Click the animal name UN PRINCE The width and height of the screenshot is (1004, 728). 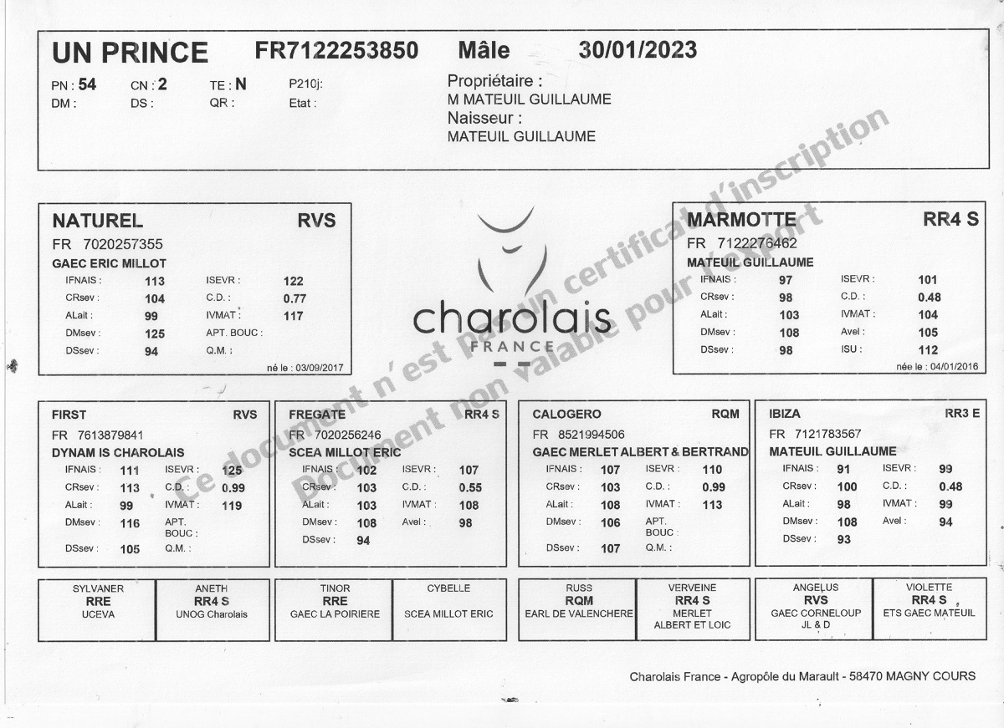tap(130, 53)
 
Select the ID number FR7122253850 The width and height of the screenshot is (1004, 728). tap(336, 50)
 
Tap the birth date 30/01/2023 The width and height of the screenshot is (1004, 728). tap(638, 50)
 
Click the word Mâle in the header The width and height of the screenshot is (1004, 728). tap(484, 50)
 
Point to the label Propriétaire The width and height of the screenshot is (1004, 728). tap(494, 81)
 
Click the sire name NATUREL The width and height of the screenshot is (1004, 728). tap(97, 221)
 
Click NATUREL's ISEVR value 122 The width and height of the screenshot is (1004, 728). tap(293, 281)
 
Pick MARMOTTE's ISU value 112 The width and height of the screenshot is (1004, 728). tap(928, 350)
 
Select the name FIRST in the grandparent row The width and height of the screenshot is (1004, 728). tap(69, 415)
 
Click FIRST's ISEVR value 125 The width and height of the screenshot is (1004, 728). tap(232, 471)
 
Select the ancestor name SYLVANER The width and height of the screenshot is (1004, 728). tap(98, 588)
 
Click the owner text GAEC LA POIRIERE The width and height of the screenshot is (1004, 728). tap(335, 613)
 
